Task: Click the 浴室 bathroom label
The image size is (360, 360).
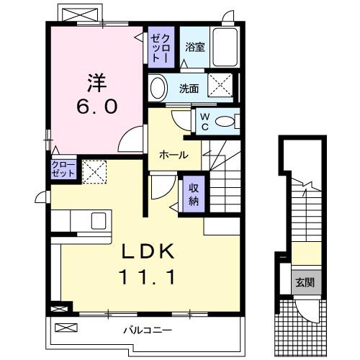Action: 194,48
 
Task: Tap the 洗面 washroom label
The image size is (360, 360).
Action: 189,89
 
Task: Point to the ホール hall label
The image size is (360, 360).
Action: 174,155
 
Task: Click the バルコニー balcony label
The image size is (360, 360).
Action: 145,330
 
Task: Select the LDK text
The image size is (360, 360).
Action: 148,252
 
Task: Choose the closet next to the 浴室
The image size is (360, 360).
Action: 160,48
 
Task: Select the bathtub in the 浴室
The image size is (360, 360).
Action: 228,48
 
